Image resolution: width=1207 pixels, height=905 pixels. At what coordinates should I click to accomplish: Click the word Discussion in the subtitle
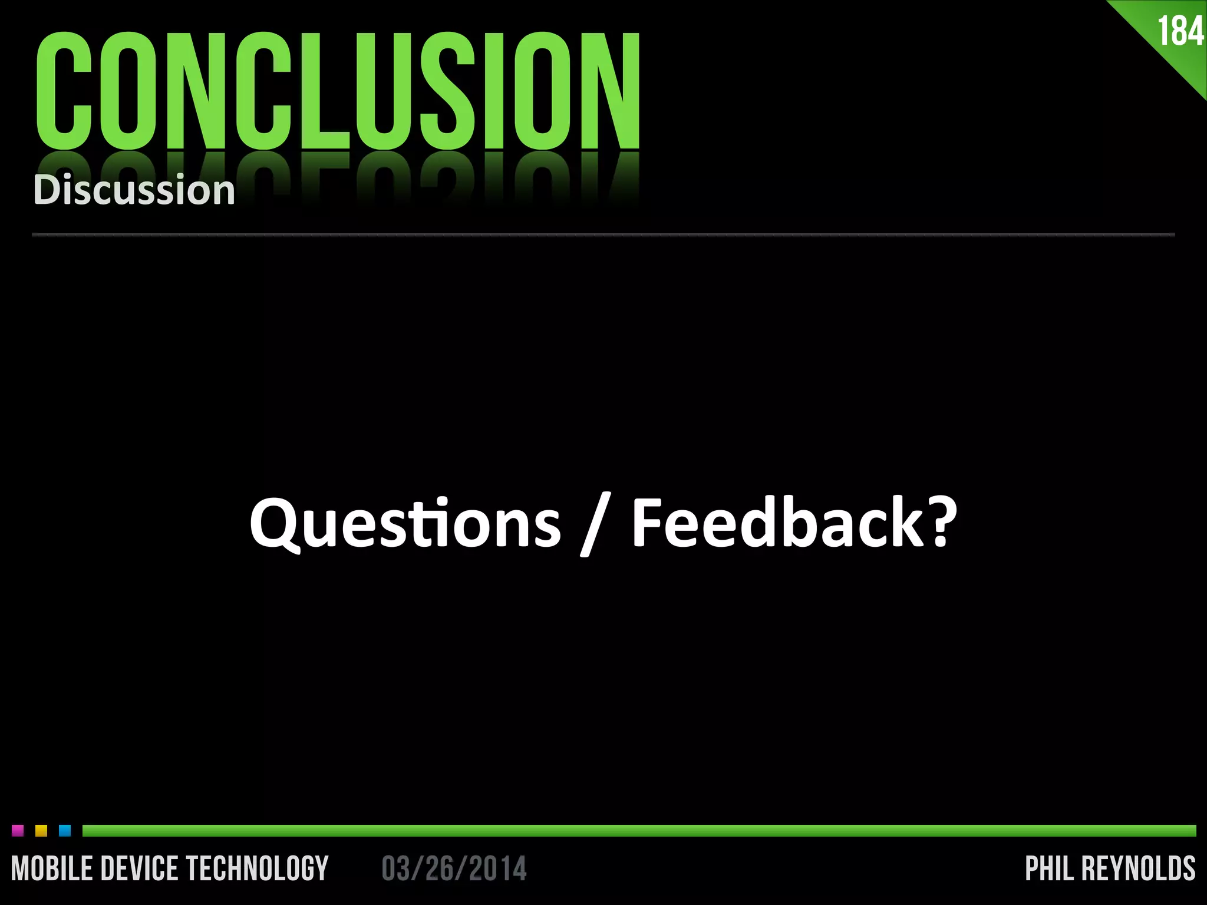click(x=134, y=190)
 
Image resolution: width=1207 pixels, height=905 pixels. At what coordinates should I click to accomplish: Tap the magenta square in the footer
click(x=18, y=831)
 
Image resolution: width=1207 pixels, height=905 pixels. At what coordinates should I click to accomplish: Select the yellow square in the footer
click(x=41, y=831)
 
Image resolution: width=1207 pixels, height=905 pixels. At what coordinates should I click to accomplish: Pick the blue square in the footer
click(x=65, y=831)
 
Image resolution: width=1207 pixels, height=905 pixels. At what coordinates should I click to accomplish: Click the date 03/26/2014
click(x=454, y=869)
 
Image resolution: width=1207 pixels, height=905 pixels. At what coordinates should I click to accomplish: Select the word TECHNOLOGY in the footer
click(x=257, y=869)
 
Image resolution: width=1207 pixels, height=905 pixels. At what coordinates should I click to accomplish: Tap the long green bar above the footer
click(x=639, y=831)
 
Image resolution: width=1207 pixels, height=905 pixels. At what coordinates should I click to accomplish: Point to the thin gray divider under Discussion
click(x=603, y=234)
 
